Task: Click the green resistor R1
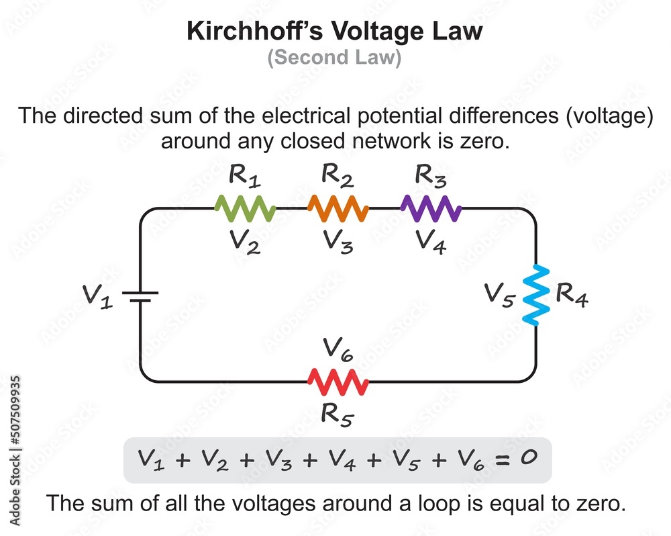[245, 209]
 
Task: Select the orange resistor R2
[338, 209]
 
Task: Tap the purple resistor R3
[430, 209]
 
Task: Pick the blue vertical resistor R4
[536, 296]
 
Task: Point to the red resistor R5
[338, 382]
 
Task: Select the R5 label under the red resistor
[338, 414]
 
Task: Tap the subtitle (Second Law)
[335, 58]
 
